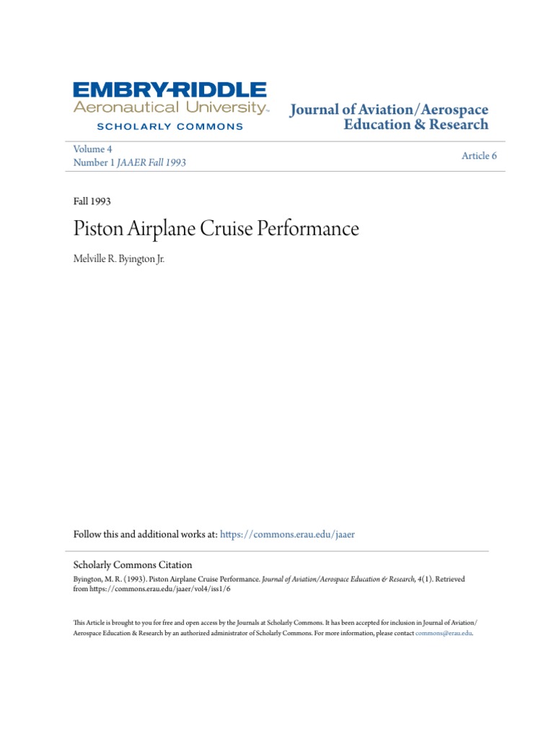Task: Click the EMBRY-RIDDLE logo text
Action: [x=170, y=90]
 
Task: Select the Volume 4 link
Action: [x=92, y=149]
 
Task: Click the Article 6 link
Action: [x=479, y=156]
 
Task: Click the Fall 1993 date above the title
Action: [x=92, y=201]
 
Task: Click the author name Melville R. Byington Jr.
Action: [x=119, y=258]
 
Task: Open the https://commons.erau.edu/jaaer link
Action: [x=288, y=535]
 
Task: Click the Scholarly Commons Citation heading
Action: [x=133, y=565]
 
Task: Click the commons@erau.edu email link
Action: [x=444, y=633]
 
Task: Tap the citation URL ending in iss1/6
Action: [x=162, y=589]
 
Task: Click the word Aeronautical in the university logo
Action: [x=115, y=108]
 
